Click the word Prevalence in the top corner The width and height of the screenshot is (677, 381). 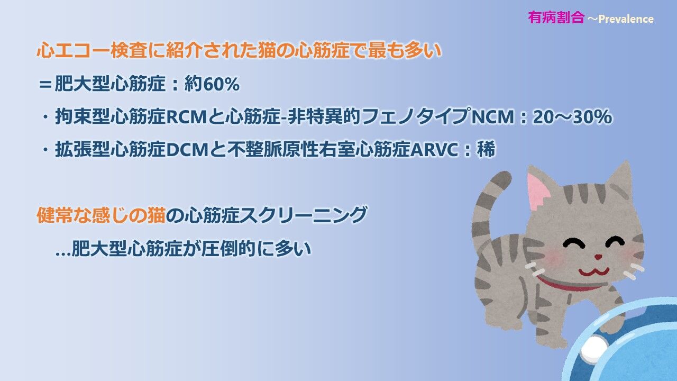click(626, 19)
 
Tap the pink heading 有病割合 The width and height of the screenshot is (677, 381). click(556, 17)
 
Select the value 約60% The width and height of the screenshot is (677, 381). click(212, 84)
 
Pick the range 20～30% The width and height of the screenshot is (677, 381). click(572, 117)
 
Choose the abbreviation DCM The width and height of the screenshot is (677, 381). click(187, 150)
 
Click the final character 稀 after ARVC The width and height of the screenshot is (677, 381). click(486, 149)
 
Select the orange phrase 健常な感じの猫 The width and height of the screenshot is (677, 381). click(101, 215)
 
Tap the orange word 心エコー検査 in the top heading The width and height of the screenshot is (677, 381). click(92, 50)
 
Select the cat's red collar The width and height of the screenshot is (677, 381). click(568, 284)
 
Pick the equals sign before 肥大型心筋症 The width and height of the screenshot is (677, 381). click(45, 84)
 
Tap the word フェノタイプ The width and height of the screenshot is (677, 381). click(416, 116)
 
